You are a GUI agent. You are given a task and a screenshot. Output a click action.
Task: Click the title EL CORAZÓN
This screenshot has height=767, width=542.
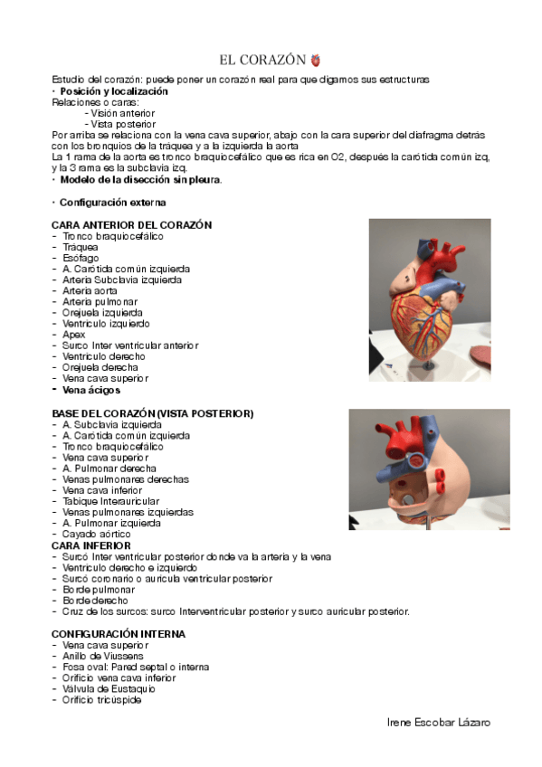(x=262, y=61)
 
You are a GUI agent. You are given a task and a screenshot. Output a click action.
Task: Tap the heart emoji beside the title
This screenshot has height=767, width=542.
(x=316, y=61)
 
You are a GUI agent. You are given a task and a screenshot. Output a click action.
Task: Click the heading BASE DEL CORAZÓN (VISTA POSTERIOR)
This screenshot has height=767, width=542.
(x=153, y=413)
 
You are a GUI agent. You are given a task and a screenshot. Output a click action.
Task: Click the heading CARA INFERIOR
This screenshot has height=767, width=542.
(x=90, y=545)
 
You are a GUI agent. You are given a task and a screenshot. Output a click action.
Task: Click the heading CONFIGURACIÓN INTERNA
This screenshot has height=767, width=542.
(x=119, y=634)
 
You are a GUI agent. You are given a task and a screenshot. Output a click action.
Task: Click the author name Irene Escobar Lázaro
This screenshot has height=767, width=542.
(x=439, y=723)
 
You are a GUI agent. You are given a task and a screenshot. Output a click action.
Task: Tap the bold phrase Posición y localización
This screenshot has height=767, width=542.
(x=113, y=91)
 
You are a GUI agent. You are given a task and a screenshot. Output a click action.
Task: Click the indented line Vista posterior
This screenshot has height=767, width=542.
(x=122, y=124)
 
